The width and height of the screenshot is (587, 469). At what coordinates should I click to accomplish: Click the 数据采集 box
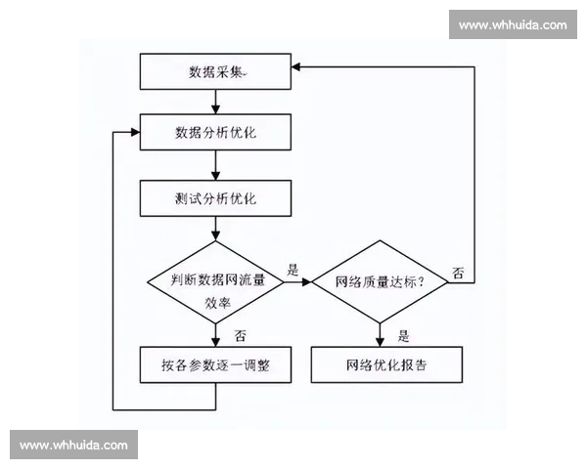coord(215,71)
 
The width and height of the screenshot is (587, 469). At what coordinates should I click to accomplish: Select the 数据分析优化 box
coord(215,132)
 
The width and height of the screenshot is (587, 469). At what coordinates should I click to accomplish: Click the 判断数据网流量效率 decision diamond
coord(215,282)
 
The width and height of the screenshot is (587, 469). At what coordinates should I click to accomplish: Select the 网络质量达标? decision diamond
coord(389,282)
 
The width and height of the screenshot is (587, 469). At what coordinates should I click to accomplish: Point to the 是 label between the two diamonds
coord(292,267)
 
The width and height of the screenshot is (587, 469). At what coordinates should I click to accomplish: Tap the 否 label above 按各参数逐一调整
coord(239,334)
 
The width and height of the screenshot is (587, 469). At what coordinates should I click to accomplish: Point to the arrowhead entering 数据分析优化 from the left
coord(134,132)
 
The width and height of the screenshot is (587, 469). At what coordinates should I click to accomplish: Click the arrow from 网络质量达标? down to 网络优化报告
coord(389,334)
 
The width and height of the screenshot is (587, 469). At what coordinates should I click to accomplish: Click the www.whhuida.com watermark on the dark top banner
coord(512,24)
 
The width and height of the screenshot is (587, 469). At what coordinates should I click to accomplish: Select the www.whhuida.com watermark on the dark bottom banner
coord(73,446)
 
